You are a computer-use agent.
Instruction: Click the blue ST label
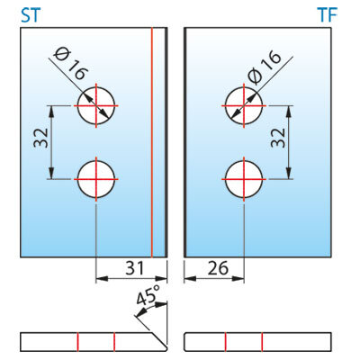pos(31,15)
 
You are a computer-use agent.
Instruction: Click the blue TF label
pos(328,14)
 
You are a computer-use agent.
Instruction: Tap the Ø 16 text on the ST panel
pos(71,64)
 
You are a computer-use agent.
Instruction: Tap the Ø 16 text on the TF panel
pos(265,67)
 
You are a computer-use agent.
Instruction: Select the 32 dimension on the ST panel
pos(41,138)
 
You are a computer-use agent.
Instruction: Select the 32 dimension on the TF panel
pos(278,138)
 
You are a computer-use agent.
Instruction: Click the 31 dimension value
pos(134,268)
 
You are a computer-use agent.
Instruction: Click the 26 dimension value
pos(218,268)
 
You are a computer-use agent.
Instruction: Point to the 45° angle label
pos(148,295)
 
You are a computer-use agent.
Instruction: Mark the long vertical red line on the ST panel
pos(152,142)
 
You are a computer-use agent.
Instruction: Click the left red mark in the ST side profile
pos(77,342)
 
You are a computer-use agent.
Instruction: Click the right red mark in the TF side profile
pos(262,342)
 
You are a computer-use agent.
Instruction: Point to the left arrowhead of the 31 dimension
pos(102,279)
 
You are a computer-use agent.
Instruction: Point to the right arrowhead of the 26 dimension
pos(238,279)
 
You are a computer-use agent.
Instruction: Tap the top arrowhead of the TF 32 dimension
pos(288,112)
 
